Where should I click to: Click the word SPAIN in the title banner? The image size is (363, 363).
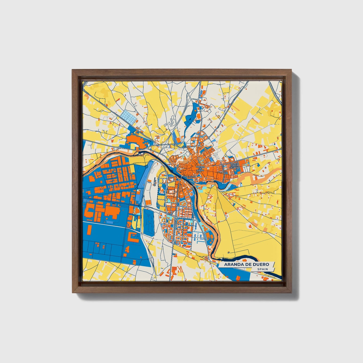point(263,269)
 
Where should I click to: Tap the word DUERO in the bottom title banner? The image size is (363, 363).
point(261,264)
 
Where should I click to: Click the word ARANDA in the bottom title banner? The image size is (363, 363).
point(233,264)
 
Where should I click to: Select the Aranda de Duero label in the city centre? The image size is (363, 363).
point(200,168)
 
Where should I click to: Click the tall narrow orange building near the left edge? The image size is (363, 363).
point(90,231)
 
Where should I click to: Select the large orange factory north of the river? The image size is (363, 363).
point(134,141)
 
